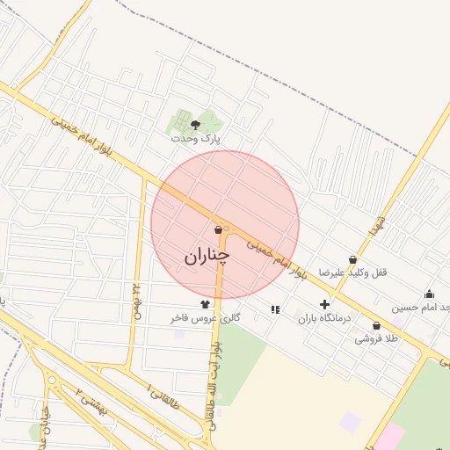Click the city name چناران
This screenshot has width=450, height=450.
pos(207,256)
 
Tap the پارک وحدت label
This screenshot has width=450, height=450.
pos(196,138)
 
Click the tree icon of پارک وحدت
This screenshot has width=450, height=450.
pos(195,125)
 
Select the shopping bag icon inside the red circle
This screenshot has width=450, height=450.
pos(217,230)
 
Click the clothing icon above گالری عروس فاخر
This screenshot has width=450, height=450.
pos(205,303)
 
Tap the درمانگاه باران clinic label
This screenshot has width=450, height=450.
pos(324,318)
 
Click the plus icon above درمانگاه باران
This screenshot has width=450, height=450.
pos(324,304)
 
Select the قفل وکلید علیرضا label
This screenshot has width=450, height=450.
pos(352,272)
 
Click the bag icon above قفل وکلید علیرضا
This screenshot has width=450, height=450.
pos(352,259)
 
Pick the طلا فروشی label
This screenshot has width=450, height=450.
pos(376,338)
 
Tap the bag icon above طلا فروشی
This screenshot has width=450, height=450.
pos(376,325)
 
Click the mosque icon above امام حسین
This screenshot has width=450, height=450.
pos(429,294)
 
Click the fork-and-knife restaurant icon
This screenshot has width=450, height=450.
pos(275,309)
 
